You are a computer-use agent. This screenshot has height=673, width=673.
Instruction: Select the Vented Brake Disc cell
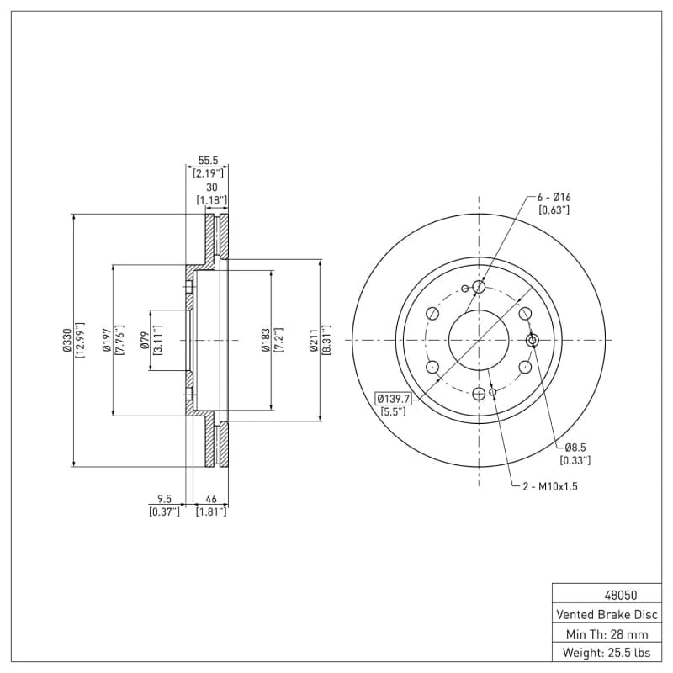point(606,614)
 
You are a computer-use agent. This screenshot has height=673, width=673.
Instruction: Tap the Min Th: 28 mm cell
point(606,633)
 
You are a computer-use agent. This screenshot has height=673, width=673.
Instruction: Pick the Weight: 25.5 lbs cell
point(606,653)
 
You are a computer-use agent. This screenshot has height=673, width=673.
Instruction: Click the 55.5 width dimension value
point(208,159)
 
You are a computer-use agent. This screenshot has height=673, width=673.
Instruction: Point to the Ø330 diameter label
point(67,340)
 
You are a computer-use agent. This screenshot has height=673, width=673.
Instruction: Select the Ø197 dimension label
point(107,340)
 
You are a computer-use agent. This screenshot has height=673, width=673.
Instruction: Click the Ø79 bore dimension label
point(145,340)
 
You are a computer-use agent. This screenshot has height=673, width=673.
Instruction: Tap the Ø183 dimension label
point(265,340)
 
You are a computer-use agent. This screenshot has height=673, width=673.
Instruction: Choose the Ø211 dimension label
point(314,340)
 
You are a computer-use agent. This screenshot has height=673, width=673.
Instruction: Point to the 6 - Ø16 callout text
point(554,197)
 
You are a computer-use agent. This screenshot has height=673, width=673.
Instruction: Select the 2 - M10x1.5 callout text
point(550,486)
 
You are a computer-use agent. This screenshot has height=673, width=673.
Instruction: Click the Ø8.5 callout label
point(575,447)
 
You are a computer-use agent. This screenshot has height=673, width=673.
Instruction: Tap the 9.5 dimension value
point(164,498)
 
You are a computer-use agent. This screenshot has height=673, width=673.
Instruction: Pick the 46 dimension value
point(211,498)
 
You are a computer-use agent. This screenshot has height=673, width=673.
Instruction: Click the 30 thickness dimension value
point(211,187)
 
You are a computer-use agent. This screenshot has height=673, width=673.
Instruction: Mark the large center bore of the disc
point(479,340)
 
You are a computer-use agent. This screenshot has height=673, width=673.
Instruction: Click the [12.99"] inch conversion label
point(81,340)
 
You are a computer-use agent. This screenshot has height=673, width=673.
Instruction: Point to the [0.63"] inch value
point(554,209)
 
